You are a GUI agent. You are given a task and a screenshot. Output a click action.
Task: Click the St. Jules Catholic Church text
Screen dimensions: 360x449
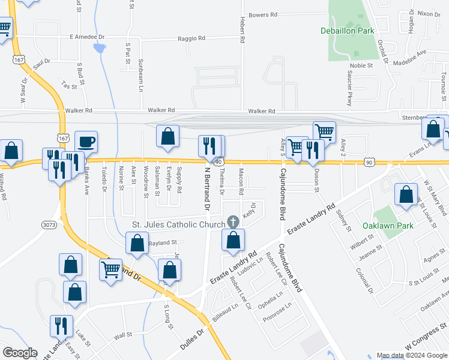(178, 225)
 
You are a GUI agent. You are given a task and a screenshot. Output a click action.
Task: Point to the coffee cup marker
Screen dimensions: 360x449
(86, 142)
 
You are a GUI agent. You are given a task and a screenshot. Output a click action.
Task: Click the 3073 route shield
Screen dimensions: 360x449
(50, 224)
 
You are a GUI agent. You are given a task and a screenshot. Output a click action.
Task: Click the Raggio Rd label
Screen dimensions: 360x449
(191, 38)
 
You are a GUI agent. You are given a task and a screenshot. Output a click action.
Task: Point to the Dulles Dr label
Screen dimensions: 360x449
(191, 340)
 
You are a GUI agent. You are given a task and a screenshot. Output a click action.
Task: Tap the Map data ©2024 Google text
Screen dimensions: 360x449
(411, 355)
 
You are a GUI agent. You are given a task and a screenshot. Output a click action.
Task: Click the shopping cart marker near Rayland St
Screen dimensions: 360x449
(110, 271)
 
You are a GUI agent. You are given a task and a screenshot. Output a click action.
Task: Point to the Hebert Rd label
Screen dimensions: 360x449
(243, 30)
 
